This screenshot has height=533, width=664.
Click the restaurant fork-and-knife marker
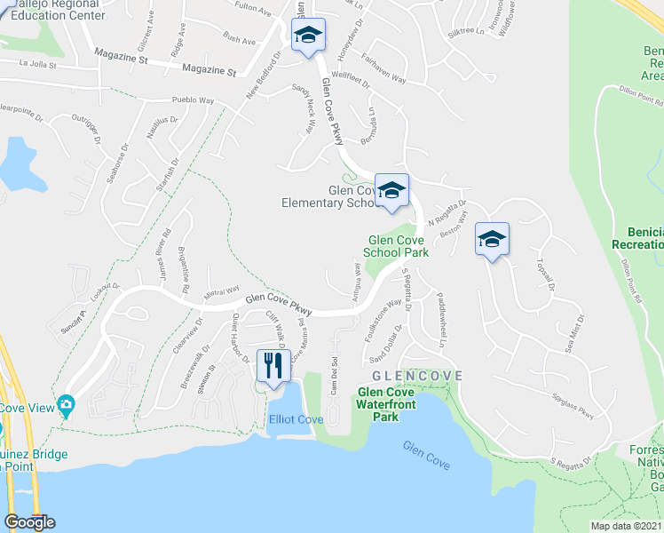point(273,365)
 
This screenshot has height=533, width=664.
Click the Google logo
point(29,522)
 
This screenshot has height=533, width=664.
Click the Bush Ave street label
point(240,40)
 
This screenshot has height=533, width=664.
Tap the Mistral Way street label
point(222,290)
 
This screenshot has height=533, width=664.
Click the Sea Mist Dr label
point(580,330)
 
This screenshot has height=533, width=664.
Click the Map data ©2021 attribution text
point(626,526)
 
